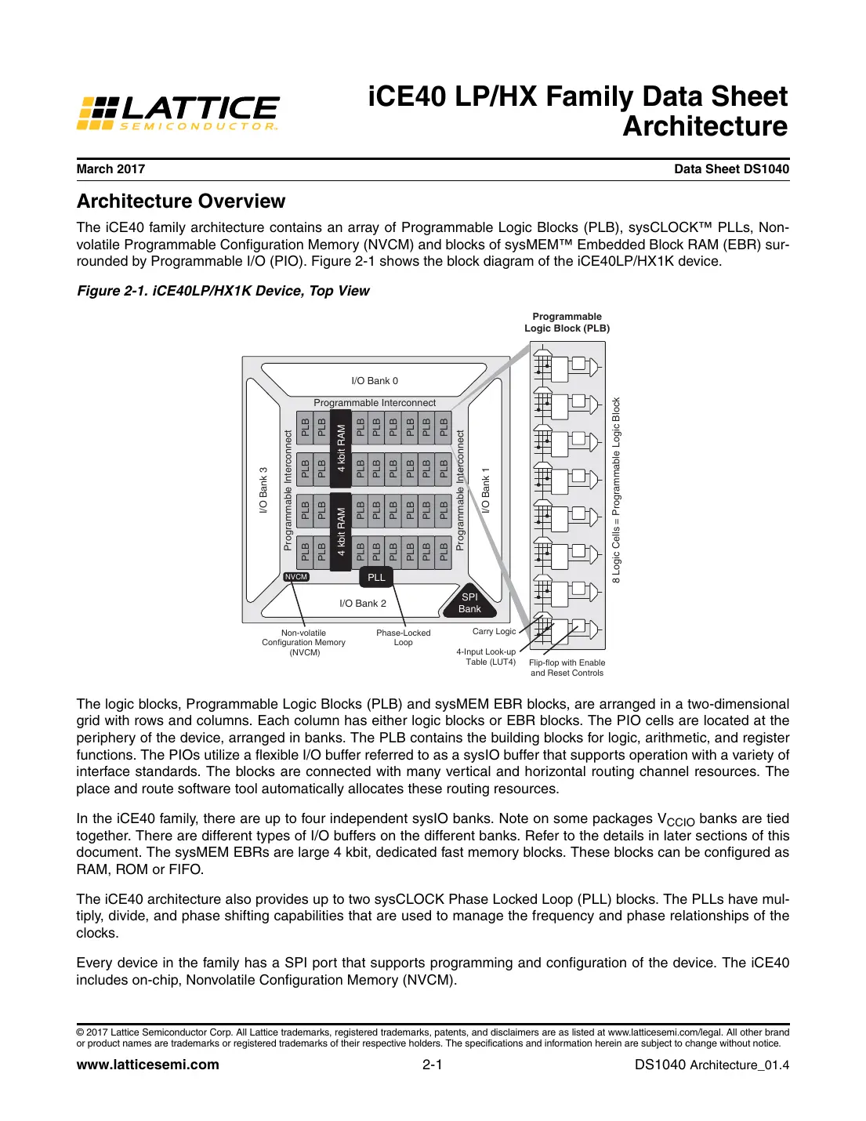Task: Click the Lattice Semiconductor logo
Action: pyautogui.click(x=178, y=113)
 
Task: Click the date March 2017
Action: pyautogui.click(x=111, y=169)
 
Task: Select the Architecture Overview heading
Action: pyautogui.click(x=181, y=201)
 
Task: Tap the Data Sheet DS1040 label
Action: pyautogui.click(x=731, y=169)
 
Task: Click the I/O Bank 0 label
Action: pyautogui.click(x=375, y=381)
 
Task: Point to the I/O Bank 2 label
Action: pyautogui.click(x=363, y=604)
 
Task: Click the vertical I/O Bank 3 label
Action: pyautogui.click(x=263, y=491)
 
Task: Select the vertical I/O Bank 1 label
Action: pyautogui.click(x=485, y=491)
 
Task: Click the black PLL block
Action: pyautogui.click(x=376, y=578)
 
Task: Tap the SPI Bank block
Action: pyautogui.click(x=469, y=603)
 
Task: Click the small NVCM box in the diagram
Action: pyautogui.click(x=296, y=577)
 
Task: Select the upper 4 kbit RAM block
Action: pyautogui.click(x=341, y=448)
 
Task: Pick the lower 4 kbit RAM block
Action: pyautogui.click(x=341, y=531)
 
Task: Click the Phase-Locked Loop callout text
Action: pyautogui.click(x=404, y=637)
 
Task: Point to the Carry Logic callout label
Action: pyautogui.click(x=494, y=632)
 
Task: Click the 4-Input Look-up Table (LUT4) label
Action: pyautogui.click(x=487, y=657)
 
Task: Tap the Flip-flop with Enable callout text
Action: pyautogui.click(x=567, y=668)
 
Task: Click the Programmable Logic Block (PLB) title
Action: pyautogui.click(x=567, y=322)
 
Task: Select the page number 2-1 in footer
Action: pyautogui.click(x=433, y=1065)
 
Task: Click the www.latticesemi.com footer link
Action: pyautogui.click(x=147, y=1065)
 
